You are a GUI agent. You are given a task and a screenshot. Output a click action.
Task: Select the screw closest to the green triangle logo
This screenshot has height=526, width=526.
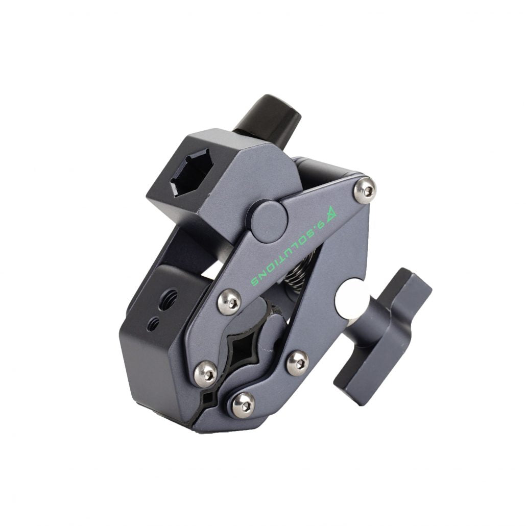tap(365, 188)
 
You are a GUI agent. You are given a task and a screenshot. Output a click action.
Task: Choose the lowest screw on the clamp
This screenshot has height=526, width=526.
tap(243, 404)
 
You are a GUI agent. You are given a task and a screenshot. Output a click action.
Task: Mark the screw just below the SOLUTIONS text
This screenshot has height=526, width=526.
tap(229, 302)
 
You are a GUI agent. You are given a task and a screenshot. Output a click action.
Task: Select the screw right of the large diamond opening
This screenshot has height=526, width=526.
tap(297, 363)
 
